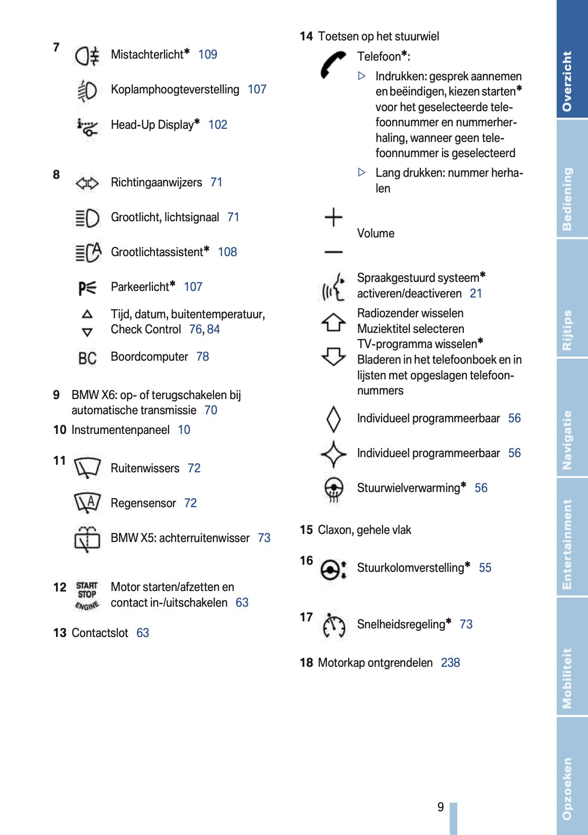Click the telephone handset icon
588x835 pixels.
tap(333, 64)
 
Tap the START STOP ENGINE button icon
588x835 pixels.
tap(87, 596)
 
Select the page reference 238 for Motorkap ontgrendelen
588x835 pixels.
tap(450, 663)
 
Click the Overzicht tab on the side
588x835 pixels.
tap(572, 81)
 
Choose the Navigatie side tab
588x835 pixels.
tap(572, 439)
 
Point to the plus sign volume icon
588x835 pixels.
tap(333, 217)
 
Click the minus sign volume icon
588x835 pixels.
tap(333, 252)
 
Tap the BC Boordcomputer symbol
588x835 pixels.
tap(87, 358)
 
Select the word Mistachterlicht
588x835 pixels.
tap(147, 55)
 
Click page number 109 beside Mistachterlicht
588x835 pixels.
tap(207, 55)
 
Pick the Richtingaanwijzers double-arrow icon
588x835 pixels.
tap(87, 183)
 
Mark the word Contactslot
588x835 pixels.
tap(100, 633)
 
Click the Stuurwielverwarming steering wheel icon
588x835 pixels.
tap(333, 488)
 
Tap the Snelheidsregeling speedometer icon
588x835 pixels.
tap(334, 625)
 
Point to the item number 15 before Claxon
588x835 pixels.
tap(306, 530)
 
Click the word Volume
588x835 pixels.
tap(376, 233)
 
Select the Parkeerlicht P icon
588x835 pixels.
tap(87, 287)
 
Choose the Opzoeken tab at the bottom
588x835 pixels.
tap(572, 788)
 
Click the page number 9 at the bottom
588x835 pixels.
tap(441, 807)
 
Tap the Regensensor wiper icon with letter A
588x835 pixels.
tap(87, 503)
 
